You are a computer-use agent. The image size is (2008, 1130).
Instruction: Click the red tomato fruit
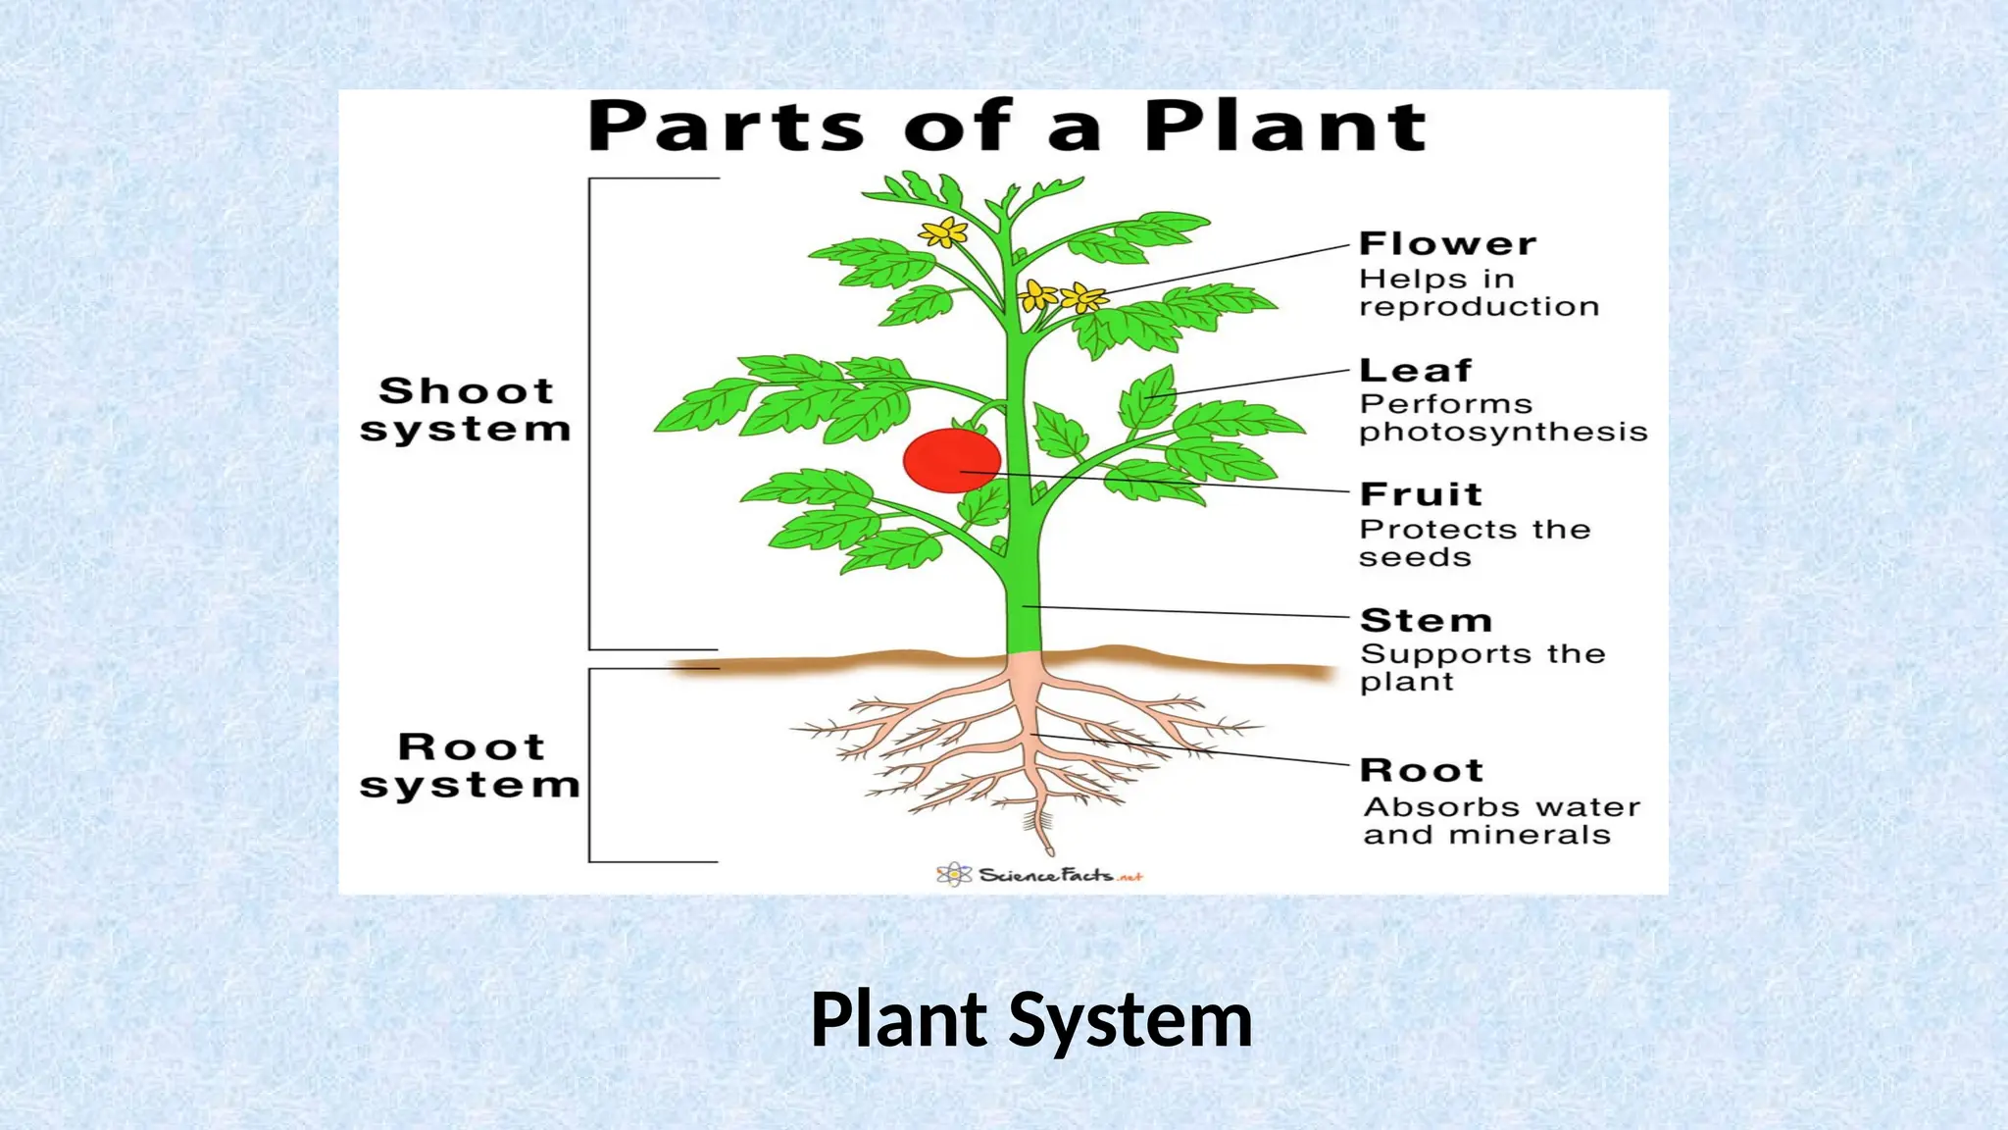pyautogui.click(x=951, y=459)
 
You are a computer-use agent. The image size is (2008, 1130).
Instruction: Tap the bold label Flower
pyautogui.click(x=1447, y=243)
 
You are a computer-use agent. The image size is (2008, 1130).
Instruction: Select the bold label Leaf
pyautogui.click(x=1415, y=371)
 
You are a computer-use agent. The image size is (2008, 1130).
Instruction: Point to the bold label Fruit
pyautogui.click(x=1421, y=493)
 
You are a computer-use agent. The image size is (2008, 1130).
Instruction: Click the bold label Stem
pyautogui.click(x=1426, y=620)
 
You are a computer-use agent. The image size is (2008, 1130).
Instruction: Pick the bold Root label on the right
pyautogui.click(x=1422, y=770)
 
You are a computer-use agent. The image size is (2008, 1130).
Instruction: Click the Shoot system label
pyautogui.click(x=466, y=410)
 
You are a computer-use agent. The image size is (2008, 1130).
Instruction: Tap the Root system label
pyautogui.click(x=470, y=766)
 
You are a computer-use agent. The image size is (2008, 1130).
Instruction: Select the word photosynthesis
pyautogui.click(x=1503, y=433)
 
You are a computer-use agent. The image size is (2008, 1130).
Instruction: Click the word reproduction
pyautogui.click(x=1479, y=307)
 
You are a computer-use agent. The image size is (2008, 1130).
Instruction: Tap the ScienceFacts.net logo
pyautogui.click(x=1039, y=874)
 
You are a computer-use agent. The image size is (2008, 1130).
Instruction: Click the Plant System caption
pyautogui.click(x=1031, y=1021)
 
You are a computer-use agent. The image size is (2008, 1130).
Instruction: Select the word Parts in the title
pyautogui.click(x=727, y=128)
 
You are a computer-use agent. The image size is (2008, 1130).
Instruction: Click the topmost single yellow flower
pyautogui.click(x=943, y=232)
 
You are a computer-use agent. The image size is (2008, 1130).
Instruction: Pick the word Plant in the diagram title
pyautogui.click(x=1285, y=128)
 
